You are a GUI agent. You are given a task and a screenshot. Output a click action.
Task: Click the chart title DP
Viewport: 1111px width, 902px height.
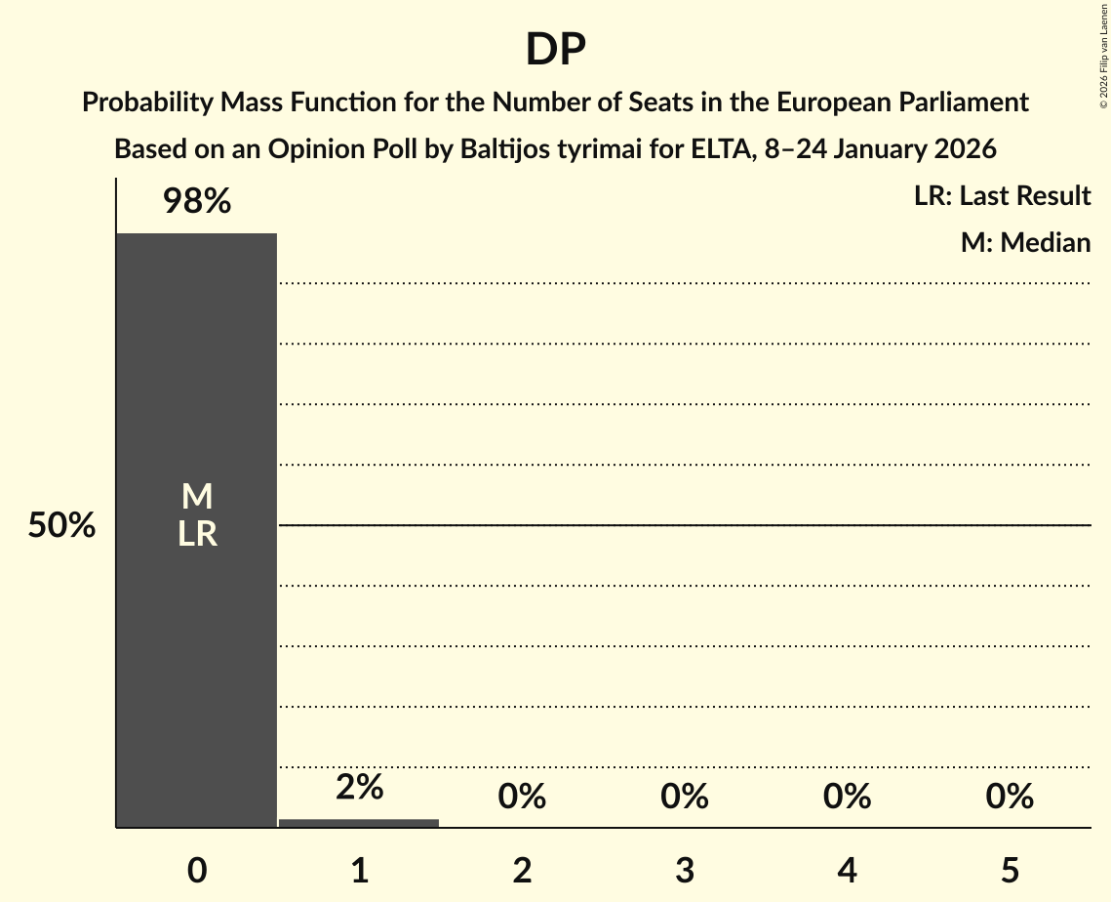pos(555,50)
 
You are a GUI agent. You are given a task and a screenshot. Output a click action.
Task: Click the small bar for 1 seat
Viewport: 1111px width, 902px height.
pos(359,822)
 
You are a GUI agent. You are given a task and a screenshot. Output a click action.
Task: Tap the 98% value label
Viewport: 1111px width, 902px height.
pos(197,202)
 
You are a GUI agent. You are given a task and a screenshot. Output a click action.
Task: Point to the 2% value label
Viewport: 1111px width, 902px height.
pos(359,787)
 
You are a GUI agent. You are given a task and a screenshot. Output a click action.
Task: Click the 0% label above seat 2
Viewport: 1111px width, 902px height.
pos(522,797)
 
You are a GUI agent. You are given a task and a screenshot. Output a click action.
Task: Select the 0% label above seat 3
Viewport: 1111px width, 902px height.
pos(685,797)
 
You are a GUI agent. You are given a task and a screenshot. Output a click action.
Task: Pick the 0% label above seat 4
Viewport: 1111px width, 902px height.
pos(847,797)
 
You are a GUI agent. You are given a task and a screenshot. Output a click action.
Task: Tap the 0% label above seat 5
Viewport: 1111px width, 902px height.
pos(1010,797)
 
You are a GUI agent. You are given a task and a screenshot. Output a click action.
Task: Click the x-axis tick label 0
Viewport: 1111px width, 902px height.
pos(197,870)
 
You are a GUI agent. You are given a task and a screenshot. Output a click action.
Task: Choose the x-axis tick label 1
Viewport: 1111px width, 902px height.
pos(359,870)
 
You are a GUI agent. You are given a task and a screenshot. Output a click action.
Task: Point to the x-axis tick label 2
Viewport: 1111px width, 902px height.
pos(522,870)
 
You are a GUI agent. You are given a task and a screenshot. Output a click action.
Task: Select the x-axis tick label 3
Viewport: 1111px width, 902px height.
pos(685,870)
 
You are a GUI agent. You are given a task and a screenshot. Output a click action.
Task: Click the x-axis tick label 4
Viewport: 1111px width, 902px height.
pos(847,870)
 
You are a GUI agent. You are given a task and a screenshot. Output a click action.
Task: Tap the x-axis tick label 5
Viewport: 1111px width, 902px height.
pos(1010,870)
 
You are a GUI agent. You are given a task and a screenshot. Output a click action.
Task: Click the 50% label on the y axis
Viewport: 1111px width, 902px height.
pos(61,526)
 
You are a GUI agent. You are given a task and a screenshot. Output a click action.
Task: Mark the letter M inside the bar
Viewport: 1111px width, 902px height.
pos(197,497)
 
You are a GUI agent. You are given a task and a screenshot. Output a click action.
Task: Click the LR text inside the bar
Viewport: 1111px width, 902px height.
pos(197,534)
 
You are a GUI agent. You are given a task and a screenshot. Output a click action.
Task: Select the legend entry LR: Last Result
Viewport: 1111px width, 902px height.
pos(1002,196)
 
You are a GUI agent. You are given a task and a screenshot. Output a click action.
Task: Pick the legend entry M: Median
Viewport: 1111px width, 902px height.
pos(1025,242)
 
